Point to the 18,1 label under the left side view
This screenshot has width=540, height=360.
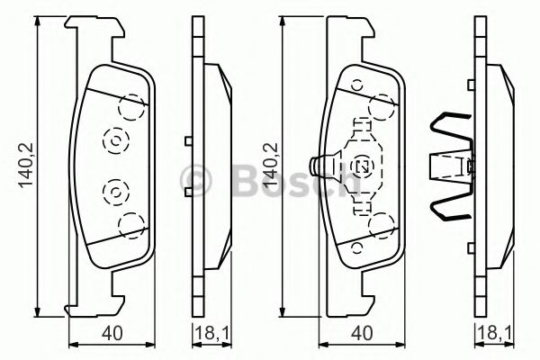click(210, 337)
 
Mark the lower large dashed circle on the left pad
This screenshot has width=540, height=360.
click(132, 225)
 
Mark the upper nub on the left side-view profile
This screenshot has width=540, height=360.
click(187, 139)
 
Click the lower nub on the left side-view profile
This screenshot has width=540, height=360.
click(187, 193)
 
